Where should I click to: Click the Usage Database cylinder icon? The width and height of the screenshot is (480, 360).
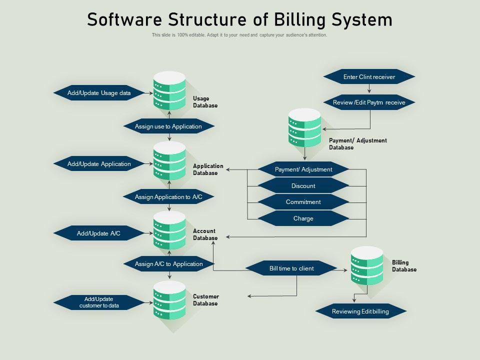169,91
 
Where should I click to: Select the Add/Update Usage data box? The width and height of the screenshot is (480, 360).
99,93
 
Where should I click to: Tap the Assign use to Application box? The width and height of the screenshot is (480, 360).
168,126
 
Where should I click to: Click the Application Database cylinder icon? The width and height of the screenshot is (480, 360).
169,160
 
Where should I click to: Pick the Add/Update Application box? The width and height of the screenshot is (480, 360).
99,164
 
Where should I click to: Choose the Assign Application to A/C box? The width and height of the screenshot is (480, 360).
168,197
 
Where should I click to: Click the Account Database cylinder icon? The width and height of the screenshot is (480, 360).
169,230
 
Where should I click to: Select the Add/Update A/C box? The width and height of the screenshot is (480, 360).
99,233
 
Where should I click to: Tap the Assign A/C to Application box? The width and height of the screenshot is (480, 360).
168,264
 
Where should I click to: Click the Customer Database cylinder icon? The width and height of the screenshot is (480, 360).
169,300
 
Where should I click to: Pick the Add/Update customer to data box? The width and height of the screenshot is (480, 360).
99,302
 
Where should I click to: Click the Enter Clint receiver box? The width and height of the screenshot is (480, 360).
369,77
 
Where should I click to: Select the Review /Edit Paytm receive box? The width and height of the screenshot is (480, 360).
369,102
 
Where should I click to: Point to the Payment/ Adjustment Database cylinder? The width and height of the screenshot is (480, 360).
304,128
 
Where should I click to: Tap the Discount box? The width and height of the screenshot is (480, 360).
303,186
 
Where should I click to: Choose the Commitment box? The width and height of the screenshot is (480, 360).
303,202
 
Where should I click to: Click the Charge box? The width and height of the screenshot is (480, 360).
303,218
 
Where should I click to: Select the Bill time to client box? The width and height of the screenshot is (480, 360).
291,268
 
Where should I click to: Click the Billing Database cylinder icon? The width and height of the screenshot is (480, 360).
366,265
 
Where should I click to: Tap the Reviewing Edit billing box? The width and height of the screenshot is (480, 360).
360,311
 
